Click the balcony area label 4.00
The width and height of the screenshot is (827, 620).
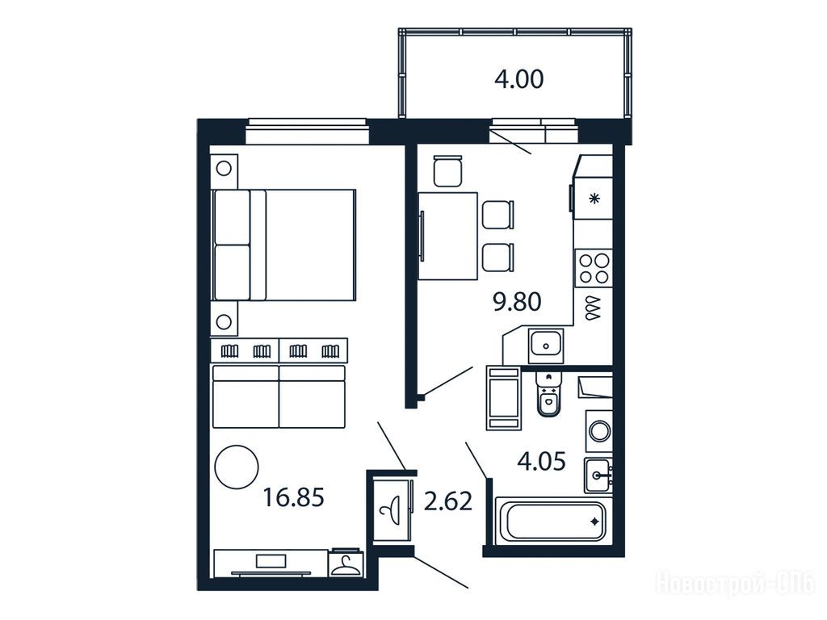[519, 80]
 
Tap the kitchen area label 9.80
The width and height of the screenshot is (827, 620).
[517, 302]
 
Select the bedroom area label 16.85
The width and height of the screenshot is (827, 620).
[293, 497]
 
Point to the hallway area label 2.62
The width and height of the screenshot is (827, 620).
[447, 501]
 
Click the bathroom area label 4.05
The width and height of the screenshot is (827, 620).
[542, 461]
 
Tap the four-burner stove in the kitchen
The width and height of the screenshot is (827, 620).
[594, 268]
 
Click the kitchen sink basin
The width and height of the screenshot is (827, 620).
[546, 346]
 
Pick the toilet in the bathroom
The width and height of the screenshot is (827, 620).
[548, 394]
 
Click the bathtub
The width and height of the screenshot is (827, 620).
[552, 522]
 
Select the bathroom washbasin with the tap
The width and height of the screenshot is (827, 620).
[598, 475]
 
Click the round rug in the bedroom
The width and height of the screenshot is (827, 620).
[237, 467]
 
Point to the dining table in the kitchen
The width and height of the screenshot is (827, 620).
[447, 236]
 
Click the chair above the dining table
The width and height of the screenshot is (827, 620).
[447, 171]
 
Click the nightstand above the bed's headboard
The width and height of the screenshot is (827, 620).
[224, 169]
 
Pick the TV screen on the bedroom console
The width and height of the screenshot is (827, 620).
[271, 561]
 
